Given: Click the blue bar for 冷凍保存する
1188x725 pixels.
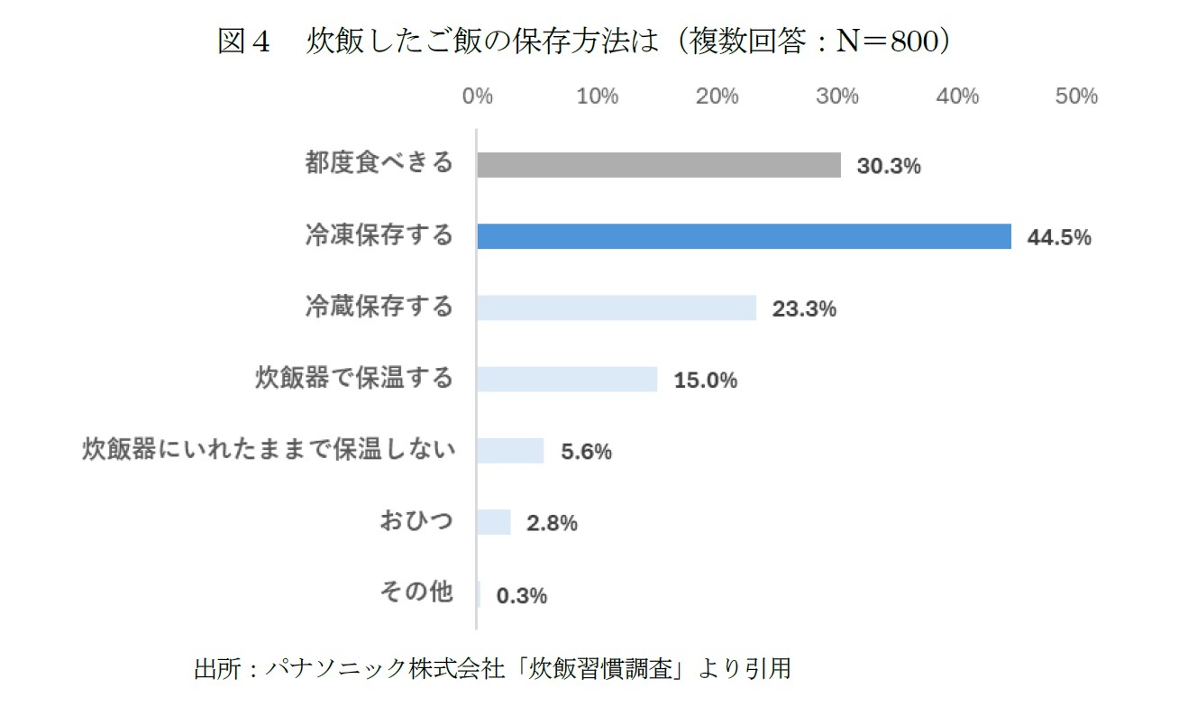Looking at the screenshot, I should [744, 236].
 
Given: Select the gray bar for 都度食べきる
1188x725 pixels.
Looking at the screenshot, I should [659, 165].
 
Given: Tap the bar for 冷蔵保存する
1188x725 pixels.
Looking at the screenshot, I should [617, 307].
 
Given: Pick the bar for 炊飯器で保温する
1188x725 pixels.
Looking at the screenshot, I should [567, 379].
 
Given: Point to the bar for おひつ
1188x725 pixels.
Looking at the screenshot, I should [493, 522].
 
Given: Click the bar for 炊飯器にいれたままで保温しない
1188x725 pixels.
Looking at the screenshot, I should [510, 450].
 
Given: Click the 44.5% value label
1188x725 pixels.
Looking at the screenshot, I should [1059, 238].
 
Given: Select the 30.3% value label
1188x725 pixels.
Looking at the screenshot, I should [888, 167].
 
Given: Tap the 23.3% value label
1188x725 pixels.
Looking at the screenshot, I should [804, 309].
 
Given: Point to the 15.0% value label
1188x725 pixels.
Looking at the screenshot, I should [705, 381].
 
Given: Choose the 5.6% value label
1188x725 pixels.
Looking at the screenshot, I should [586, 452].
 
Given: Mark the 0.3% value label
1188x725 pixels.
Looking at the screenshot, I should [521, 595].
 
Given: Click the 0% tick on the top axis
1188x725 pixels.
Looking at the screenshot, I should [477, 96].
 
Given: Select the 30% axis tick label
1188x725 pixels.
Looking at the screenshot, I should [837, 96].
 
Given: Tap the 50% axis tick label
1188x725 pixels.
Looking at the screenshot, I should [1076, 96].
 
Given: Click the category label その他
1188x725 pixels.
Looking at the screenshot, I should [416, 592].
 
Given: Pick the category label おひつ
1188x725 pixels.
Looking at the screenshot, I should [416, 521].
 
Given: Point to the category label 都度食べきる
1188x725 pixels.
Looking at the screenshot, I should [379, 164].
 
